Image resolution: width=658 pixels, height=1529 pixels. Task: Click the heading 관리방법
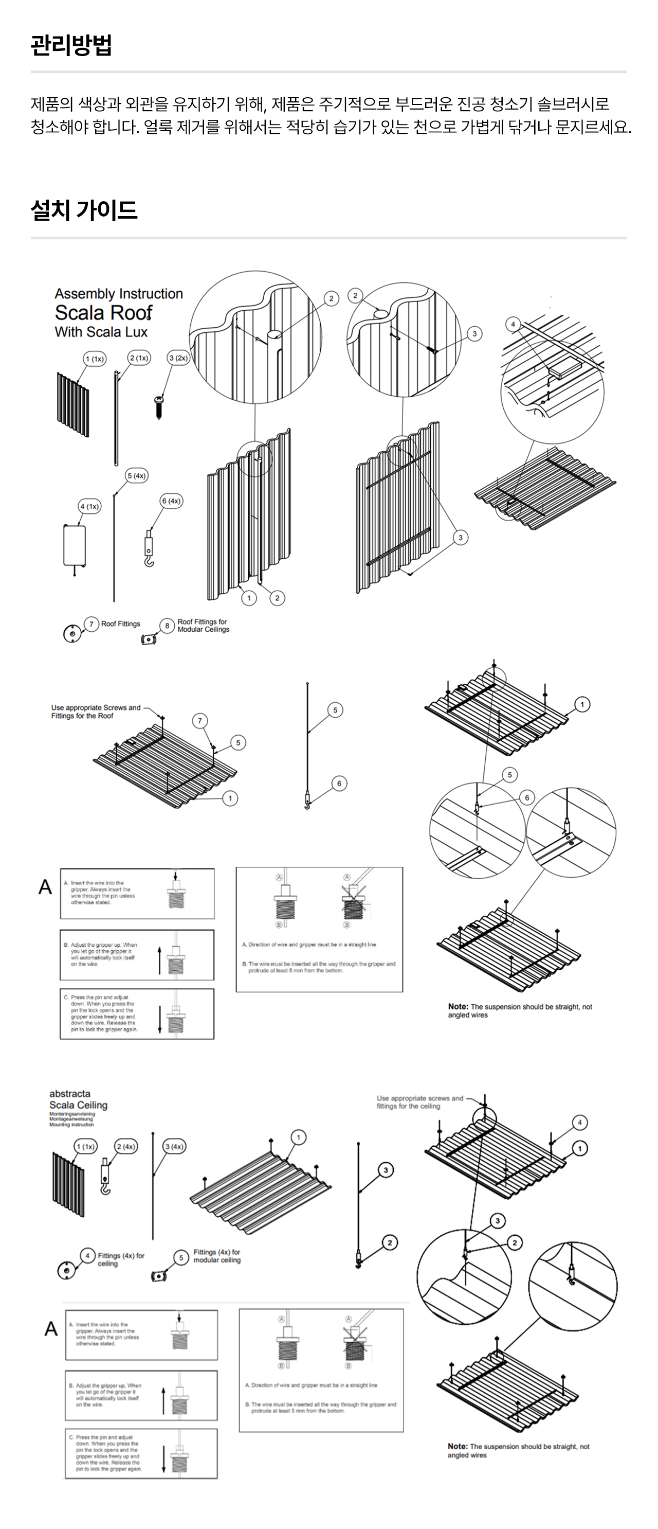coord(71,45)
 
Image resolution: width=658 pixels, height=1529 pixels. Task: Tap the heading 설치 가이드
coord(84,210)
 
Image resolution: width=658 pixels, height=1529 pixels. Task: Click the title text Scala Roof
coord(103,313)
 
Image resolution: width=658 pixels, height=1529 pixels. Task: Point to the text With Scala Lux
coord(101,332)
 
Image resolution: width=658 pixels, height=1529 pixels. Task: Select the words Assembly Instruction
coord(119,294)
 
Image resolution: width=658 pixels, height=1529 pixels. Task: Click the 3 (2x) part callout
coord(178,358)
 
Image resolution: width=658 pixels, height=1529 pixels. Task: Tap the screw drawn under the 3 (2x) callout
coord(159,406)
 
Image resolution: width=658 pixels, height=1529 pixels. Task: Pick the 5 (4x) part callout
coord(136,475)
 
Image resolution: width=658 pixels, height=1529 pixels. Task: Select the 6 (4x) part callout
coord(172,501)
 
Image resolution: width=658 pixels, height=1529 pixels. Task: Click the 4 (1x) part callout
coord(89,506)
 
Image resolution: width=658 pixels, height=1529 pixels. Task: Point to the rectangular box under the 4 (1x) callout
coord(75,545)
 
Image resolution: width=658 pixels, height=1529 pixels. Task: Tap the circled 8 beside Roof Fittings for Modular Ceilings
coord(167,626)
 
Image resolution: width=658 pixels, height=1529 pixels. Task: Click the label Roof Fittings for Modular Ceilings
coord(203,626)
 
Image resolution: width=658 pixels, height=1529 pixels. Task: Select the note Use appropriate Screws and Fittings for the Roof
coord(96,712)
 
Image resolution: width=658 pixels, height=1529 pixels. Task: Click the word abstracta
coord(70,1093)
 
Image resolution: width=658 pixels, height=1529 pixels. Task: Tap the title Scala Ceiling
coord(78,1105)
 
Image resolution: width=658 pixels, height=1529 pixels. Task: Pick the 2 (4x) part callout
coord(126,1146)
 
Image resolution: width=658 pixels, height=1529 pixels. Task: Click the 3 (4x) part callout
coord(174,1146)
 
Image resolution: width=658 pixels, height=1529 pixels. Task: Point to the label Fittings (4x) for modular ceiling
coord(216,1256)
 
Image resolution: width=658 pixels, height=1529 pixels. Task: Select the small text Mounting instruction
coord(71,1124)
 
